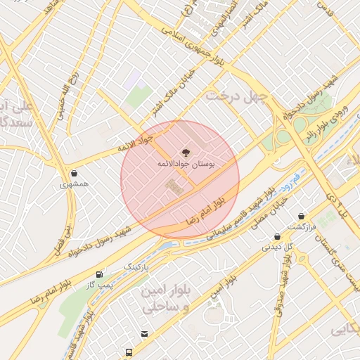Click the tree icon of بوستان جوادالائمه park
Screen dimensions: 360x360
186,151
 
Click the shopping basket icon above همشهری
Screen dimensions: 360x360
74,173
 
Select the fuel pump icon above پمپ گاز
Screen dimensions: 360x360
99,274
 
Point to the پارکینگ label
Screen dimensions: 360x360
138,267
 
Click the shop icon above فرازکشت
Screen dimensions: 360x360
302,215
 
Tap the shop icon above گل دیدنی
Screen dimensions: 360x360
278,236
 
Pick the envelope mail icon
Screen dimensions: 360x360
144,334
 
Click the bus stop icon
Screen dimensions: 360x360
129,352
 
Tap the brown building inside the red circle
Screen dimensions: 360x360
173,188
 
